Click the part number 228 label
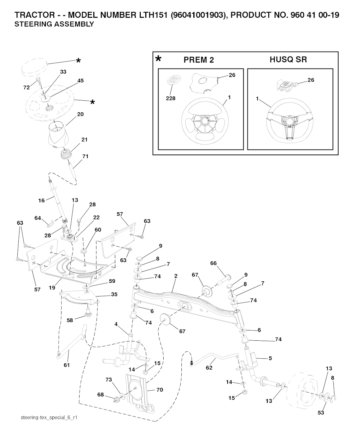tap(170, 98)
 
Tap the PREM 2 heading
tap(199, 60)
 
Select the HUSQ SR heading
tap(288, 59)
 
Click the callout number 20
tap(80, 114)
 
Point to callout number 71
tap(85, 156)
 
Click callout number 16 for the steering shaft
tap(41, 200)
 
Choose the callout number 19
tap(52, 288)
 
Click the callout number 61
tap(67, 365)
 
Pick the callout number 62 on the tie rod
tap(209, 368)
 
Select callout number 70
tap(159, 390)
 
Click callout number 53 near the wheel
tap(321, 412)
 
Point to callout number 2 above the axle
tap(176, 276)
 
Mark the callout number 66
tap(213, 263)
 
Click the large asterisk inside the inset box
tap(158, 59)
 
